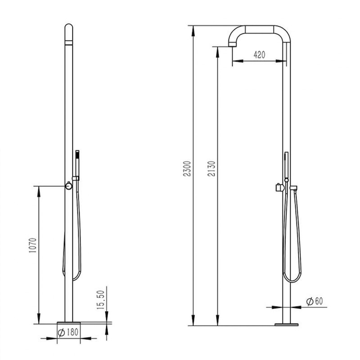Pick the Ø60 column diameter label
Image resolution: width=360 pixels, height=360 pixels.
[x=315, y=301]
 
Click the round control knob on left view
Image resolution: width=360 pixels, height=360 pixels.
[x=68, y=186]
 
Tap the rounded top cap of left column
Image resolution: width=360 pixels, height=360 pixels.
[x=68, y=30]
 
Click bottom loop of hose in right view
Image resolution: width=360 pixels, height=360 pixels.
[x=291, y=280]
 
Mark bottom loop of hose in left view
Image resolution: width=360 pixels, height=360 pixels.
[x=71, y=278]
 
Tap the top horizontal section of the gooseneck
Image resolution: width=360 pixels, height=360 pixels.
[x=259, y=28]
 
